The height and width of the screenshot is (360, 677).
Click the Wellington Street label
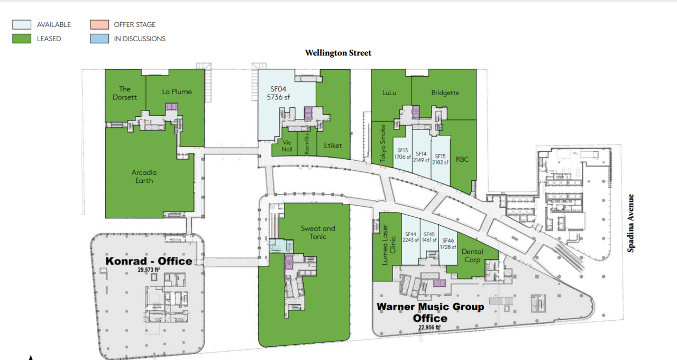[x=338, y=53]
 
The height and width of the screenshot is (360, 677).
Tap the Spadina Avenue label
[x=630, y=223]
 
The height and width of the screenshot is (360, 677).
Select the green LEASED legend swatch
[x=22, y=39]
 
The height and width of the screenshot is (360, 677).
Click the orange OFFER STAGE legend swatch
[x=99, y=24]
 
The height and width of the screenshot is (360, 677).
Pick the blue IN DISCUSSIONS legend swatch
[x=99, y=39]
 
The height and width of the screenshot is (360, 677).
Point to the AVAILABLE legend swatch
[x=22, y=24]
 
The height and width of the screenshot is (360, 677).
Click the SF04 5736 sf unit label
[x=278, y=93]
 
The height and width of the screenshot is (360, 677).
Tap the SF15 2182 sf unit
[x=441, y=160]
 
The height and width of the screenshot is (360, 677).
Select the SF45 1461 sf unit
[x=429, y=238]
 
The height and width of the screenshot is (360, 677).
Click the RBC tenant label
[x=462, y=159]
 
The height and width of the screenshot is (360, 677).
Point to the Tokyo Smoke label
[x=383, y=143]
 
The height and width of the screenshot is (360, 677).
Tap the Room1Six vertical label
[x=307, y=144]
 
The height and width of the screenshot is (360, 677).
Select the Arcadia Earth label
[x=144, y=177]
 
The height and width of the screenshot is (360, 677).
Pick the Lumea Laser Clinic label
[x=389, y=245]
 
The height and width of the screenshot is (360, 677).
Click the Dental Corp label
[x=472, y=255]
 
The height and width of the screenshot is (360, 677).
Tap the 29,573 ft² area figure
[x=149, y=270]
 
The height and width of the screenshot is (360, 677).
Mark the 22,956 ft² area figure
[x=429, y=327]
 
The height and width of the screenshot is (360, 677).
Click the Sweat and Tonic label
[x=318, y=233]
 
